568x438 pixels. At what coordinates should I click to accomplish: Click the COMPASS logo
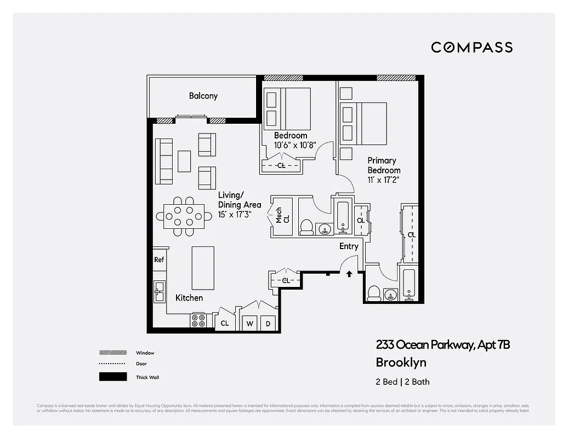point(472,47)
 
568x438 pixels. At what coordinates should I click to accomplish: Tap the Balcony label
point(203,96)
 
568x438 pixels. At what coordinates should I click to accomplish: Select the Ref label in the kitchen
point(159,260)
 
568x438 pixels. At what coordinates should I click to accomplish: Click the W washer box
point(249,324)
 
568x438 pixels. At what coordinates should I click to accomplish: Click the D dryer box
point(269,324)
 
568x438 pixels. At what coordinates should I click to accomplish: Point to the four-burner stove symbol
point(197,320)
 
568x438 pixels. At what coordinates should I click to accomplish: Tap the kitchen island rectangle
point(202,268)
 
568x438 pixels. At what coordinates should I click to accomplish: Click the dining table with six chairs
point(184,216)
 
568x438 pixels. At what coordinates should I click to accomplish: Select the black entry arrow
point(349,274)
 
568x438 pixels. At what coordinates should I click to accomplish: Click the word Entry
point(349,246)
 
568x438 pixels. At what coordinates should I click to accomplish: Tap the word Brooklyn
point(401,362)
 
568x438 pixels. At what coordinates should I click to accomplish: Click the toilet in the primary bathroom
point(374,293)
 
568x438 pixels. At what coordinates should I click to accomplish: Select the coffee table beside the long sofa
point(184,161)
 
